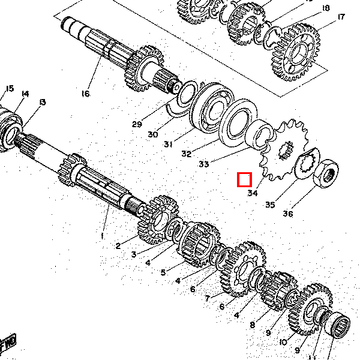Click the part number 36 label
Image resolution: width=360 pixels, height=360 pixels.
pos(288,214)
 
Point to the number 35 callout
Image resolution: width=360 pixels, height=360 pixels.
pos(270,205)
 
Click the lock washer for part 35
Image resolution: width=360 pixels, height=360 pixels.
pos(308,162)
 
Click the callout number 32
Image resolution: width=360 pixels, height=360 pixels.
pos(186,154)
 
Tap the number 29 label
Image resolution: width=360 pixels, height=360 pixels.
pos(137,124)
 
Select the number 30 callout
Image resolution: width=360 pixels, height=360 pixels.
pos(153,134)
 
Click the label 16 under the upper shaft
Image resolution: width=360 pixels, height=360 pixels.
pos(85,94)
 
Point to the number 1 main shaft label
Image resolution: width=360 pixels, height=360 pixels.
pos(102,236)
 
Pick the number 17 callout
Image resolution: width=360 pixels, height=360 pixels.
pos(341,17)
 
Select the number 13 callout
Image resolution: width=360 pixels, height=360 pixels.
pos(42,103)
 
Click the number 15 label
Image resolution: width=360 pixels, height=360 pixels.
pos(9,89)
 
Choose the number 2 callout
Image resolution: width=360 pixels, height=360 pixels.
pos(118,245)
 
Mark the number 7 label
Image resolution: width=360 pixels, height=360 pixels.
pos(206,298)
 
